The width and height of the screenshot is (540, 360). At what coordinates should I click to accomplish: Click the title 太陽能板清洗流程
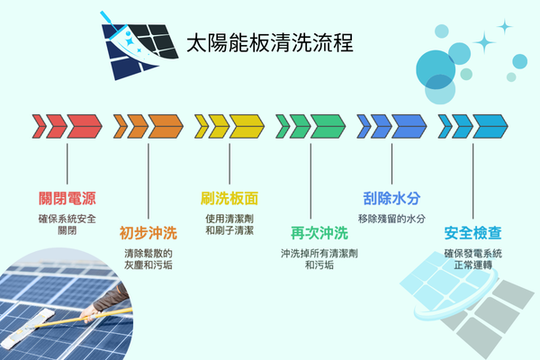267,42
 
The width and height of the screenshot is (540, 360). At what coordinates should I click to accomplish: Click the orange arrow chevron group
148,125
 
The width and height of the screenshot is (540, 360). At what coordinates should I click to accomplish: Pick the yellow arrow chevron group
229,125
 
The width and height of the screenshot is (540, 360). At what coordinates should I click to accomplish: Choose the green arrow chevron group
310,125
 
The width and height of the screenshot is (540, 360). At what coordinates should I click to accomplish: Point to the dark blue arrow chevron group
391,125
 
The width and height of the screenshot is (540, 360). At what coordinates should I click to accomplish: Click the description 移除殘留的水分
391,219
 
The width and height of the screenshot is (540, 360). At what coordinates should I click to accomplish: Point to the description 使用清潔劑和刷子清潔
229,224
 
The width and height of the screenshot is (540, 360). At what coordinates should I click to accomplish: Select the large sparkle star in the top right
486,40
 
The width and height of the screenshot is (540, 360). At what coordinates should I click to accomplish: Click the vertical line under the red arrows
67,161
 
